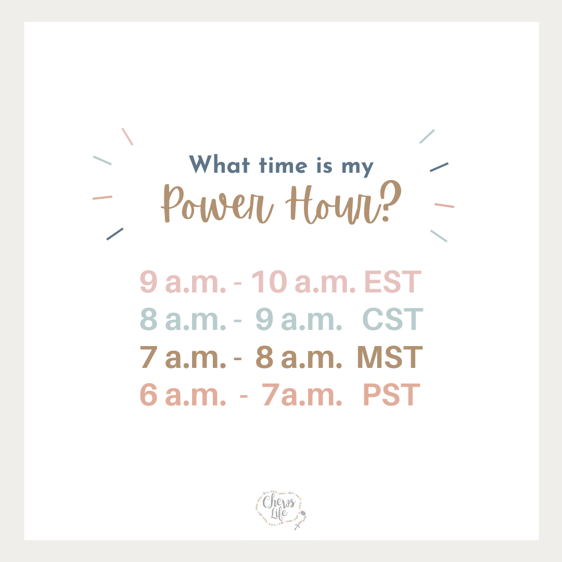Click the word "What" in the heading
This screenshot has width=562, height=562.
pos(219,164)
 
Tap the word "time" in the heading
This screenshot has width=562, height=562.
pos(283,165)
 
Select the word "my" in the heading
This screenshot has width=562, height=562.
pos(357,168)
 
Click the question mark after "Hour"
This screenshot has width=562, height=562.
pos(391,200)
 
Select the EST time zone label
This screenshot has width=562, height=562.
pos(392,282)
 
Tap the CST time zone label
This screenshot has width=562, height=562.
pos(393,319)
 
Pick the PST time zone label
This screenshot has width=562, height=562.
pos(391,394)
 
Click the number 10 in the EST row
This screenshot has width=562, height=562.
pos(269,282)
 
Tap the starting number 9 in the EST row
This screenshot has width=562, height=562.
pos(148,282)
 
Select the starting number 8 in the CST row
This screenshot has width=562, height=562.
pos(148,319)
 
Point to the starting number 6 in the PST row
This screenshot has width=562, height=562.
pos(148,394)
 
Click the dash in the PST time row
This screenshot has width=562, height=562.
pos(244,396)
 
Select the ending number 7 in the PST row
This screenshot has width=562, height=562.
pos(271,394)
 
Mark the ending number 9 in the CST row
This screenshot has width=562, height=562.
pos(264,319)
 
